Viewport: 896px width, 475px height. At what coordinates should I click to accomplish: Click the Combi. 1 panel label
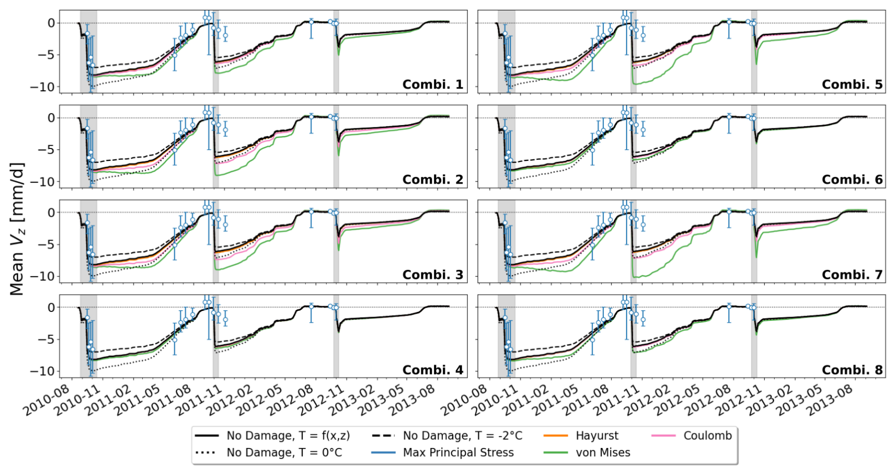click(432, 84)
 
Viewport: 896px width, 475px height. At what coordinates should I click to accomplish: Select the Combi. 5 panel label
click(852, 84)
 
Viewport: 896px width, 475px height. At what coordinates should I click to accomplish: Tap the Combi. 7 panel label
click(852, 274)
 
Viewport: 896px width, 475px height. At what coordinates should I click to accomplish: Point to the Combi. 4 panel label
click(432, 370)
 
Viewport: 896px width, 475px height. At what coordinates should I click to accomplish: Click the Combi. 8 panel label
click(852, 370)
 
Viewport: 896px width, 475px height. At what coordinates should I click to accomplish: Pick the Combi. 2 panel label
click(432, 180)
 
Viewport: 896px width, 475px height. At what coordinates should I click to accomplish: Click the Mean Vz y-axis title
click(17, 229)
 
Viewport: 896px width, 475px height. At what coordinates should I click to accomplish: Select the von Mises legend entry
click(603, 453)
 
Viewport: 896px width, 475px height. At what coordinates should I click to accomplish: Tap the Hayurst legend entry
click(597, 436)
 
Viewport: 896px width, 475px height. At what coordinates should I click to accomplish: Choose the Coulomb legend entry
click(707, 436)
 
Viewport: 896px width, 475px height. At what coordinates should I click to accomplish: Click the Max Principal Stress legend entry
click(458, 453)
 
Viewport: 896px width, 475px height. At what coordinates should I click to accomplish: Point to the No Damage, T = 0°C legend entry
click(284, 453)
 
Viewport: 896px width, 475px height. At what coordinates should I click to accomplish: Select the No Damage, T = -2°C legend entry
click(462, 436)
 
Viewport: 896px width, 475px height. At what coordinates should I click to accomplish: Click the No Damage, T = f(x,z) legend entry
click(288, 436)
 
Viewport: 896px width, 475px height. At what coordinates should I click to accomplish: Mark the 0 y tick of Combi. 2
click(51, 118)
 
